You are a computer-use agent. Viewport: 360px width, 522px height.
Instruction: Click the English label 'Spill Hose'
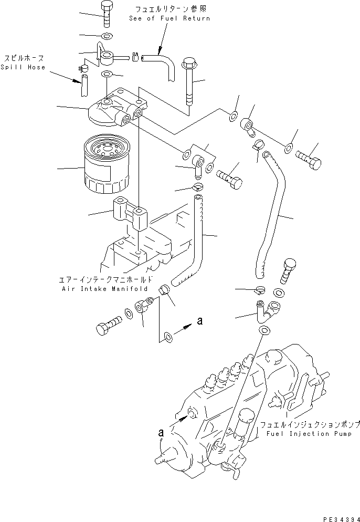pyautogui.click(x=23, y=67)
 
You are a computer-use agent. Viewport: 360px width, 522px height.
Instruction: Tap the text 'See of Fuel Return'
pyautogui.click(x=169, y=18)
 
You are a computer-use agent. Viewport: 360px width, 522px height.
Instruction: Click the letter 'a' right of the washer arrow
pyautogui.click(x=199, y=321)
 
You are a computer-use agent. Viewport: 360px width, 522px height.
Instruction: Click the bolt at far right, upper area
pyautogui.click(x=310, y=157)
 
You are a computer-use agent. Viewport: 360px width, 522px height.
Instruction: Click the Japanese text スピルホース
pyautogui.click(x=23, y=58)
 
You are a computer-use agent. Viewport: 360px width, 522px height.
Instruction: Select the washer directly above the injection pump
pyautogui.click(x=266, y=331)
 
